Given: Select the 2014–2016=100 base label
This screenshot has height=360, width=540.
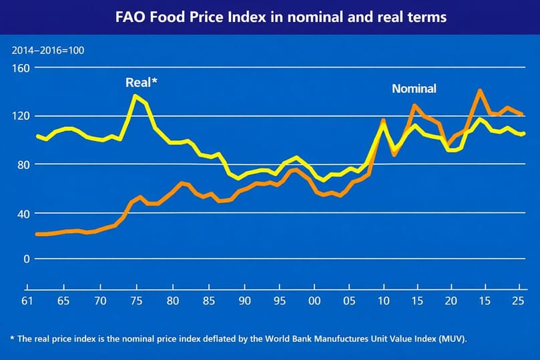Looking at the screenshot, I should coord(47,50).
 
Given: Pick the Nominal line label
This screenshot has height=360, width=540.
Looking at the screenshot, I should coord(414,89).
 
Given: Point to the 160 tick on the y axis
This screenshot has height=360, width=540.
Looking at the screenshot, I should coord(22,68).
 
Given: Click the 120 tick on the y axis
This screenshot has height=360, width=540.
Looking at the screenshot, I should coord(22,116).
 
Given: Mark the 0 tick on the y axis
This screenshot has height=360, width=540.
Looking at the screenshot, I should coord(27,258).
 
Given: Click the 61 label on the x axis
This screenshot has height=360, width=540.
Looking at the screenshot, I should coord(27,300).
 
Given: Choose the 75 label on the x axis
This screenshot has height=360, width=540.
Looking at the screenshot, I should coord(136,300).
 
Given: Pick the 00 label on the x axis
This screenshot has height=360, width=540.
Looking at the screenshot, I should coord(318,300).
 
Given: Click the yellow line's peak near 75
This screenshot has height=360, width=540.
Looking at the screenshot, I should coord(136,96).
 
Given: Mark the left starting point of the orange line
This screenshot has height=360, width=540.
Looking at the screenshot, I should coord(37,234).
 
